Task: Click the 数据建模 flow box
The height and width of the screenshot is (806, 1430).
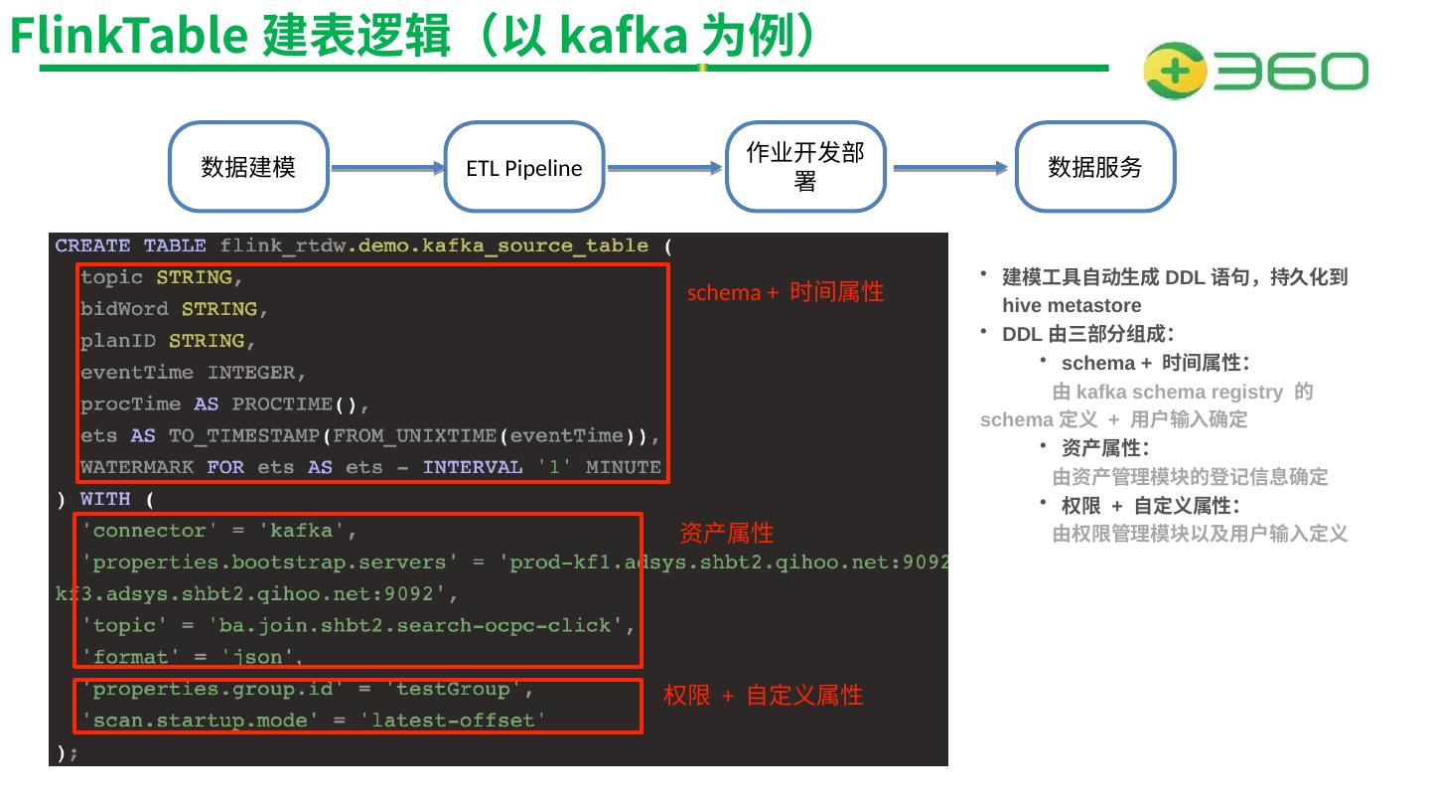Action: [248, 167]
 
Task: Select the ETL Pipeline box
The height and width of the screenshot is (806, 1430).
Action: [524, 168]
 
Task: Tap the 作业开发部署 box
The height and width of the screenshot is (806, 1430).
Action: [805, 167]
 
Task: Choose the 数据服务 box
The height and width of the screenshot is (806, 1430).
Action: [1095, 167]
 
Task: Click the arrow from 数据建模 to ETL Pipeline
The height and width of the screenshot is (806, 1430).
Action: [386, 169]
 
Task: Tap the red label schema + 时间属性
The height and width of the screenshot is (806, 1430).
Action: [785, 292]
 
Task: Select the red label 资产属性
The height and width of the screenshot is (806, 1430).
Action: [726, 533]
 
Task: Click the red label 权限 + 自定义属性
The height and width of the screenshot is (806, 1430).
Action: [763, 696]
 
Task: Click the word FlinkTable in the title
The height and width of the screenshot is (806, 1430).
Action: [128, 36]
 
